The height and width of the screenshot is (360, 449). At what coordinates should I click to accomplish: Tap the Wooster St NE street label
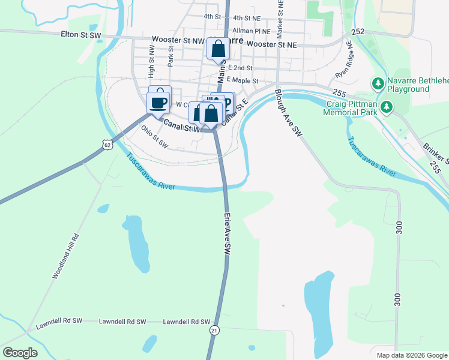[271, 44]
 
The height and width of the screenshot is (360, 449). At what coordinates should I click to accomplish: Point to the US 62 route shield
[107, 145]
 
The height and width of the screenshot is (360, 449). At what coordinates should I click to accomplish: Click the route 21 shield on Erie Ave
[214, 331]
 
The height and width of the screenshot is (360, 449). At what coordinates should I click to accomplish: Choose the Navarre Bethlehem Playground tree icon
[378, 82]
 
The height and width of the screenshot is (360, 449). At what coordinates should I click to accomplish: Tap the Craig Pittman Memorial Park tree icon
[387, 107]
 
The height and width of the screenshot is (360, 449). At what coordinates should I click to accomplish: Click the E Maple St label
[243, 80]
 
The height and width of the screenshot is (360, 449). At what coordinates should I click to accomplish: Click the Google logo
[20, 353]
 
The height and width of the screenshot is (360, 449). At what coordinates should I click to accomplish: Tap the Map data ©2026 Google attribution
[411, 355]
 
